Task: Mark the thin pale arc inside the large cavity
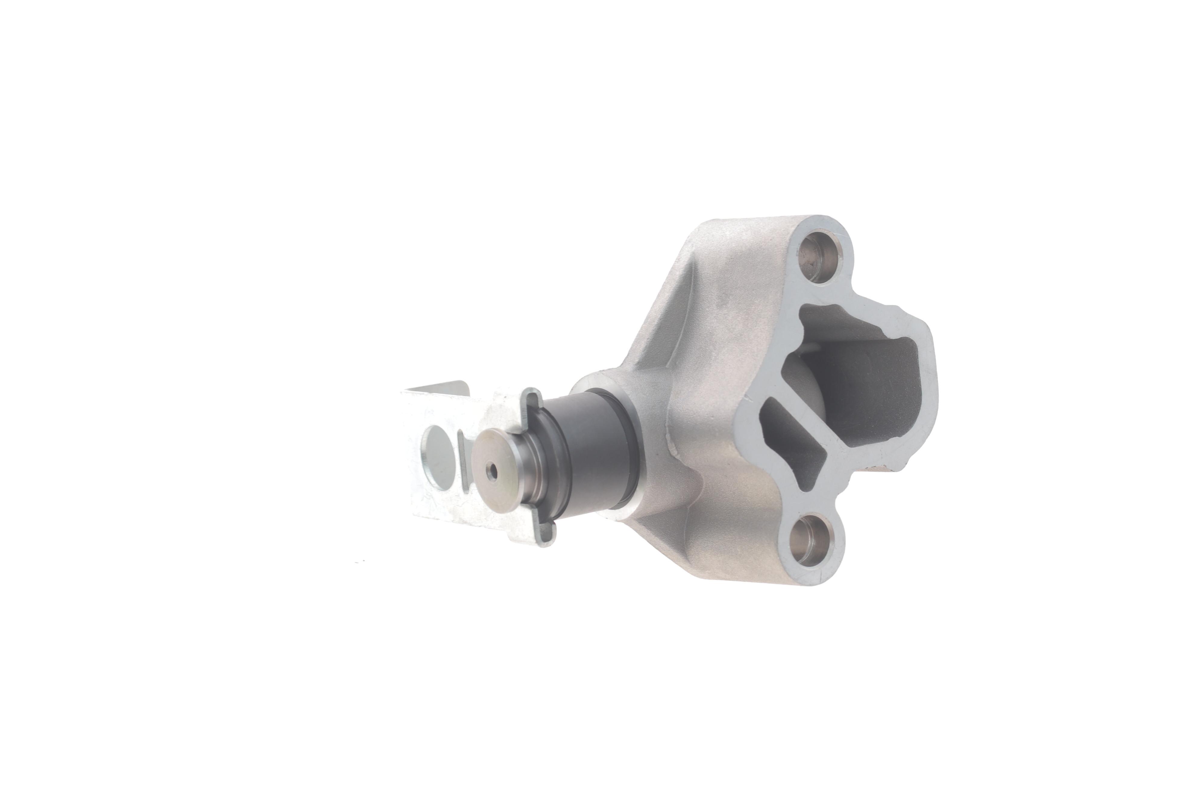[x=812, y=353]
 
